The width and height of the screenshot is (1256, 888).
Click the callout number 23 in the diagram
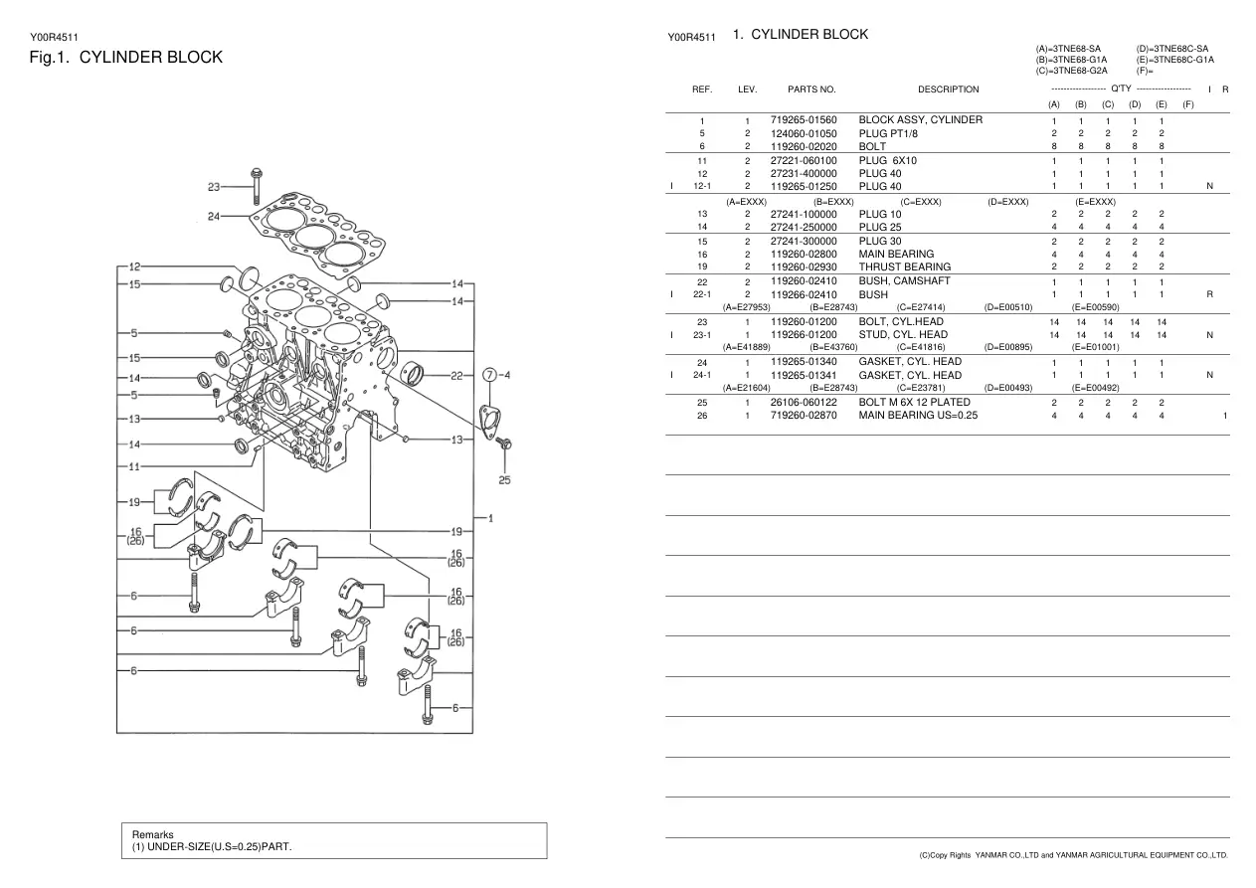click(x=214, y=187)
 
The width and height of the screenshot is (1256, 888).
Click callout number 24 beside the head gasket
click(x=214, y=216)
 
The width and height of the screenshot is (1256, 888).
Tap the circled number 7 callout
click(x=490, y=375)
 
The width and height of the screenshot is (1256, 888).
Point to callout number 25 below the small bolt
click(x=504, y=480)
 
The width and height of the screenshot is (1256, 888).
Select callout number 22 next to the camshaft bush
click(x=457, y=376)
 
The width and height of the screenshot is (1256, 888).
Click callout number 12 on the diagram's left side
click(x=134, y=266)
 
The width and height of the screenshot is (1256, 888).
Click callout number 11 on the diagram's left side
click(x=134, y=466)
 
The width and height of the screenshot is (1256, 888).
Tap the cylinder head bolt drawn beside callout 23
click(x=257, y=186)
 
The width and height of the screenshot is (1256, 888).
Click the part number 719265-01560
click(x=804, y=120)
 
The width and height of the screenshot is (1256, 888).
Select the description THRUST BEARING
click(x=905, y=266)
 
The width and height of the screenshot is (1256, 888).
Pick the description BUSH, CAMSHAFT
click(x=904, y=280)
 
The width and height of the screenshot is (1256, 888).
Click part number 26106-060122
click(x=804, y=403)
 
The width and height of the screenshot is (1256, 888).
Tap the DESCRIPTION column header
click(x=948, y=89)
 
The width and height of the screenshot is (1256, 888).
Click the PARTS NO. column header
click(x=811, y=89)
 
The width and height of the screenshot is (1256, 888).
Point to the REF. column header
click(x=702, y=89)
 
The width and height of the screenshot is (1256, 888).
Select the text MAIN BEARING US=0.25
click(x=918, y=416)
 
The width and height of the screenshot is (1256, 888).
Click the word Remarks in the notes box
click(x=152, y=834)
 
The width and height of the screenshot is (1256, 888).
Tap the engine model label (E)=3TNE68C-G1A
click(x=1174, y=60)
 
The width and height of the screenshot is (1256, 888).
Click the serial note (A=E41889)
click(x=746, y=347)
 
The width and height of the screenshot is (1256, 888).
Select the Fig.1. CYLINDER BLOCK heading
click(x=126, y=58)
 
